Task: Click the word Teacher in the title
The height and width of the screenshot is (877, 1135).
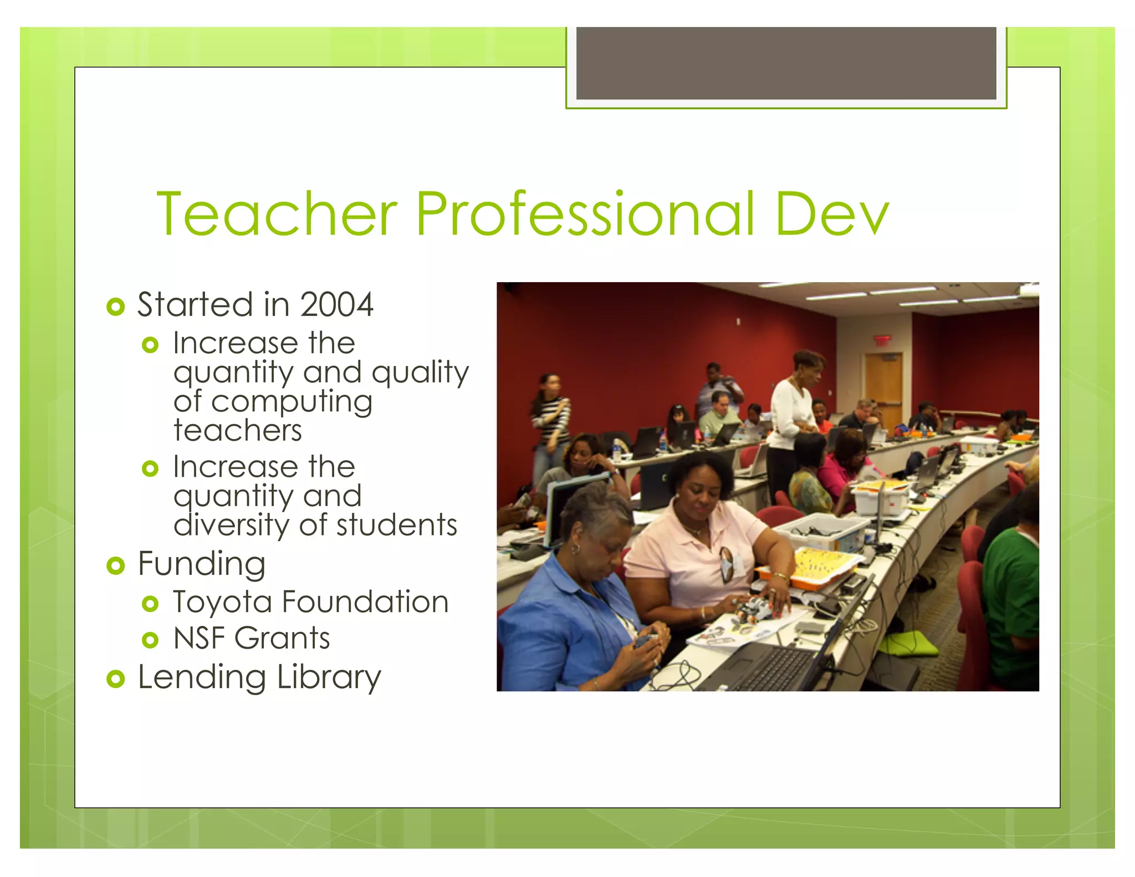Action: (x=277, y=213)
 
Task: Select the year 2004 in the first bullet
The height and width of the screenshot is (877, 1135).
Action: (x=336, y=305)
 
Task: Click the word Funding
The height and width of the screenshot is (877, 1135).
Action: (x=202, y=564)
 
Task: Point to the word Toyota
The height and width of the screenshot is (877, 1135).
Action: (x=222, y=603)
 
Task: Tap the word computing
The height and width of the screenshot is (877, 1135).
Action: (x=292, y=402)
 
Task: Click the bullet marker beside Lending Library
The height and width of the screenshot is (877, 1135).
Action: (x=115, y=679)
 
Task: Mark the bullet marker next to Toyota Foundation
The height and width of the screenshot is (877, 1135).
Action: (x=150, y=604)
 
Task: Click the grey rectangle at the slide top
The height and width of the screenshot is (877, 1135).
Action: (x=786, y=63)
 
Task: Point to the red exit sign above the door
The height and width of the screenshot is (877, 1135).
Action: (x=882, y=340)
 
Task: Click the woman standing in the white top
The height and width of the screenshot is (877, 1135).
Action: (x=794, y=416)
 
